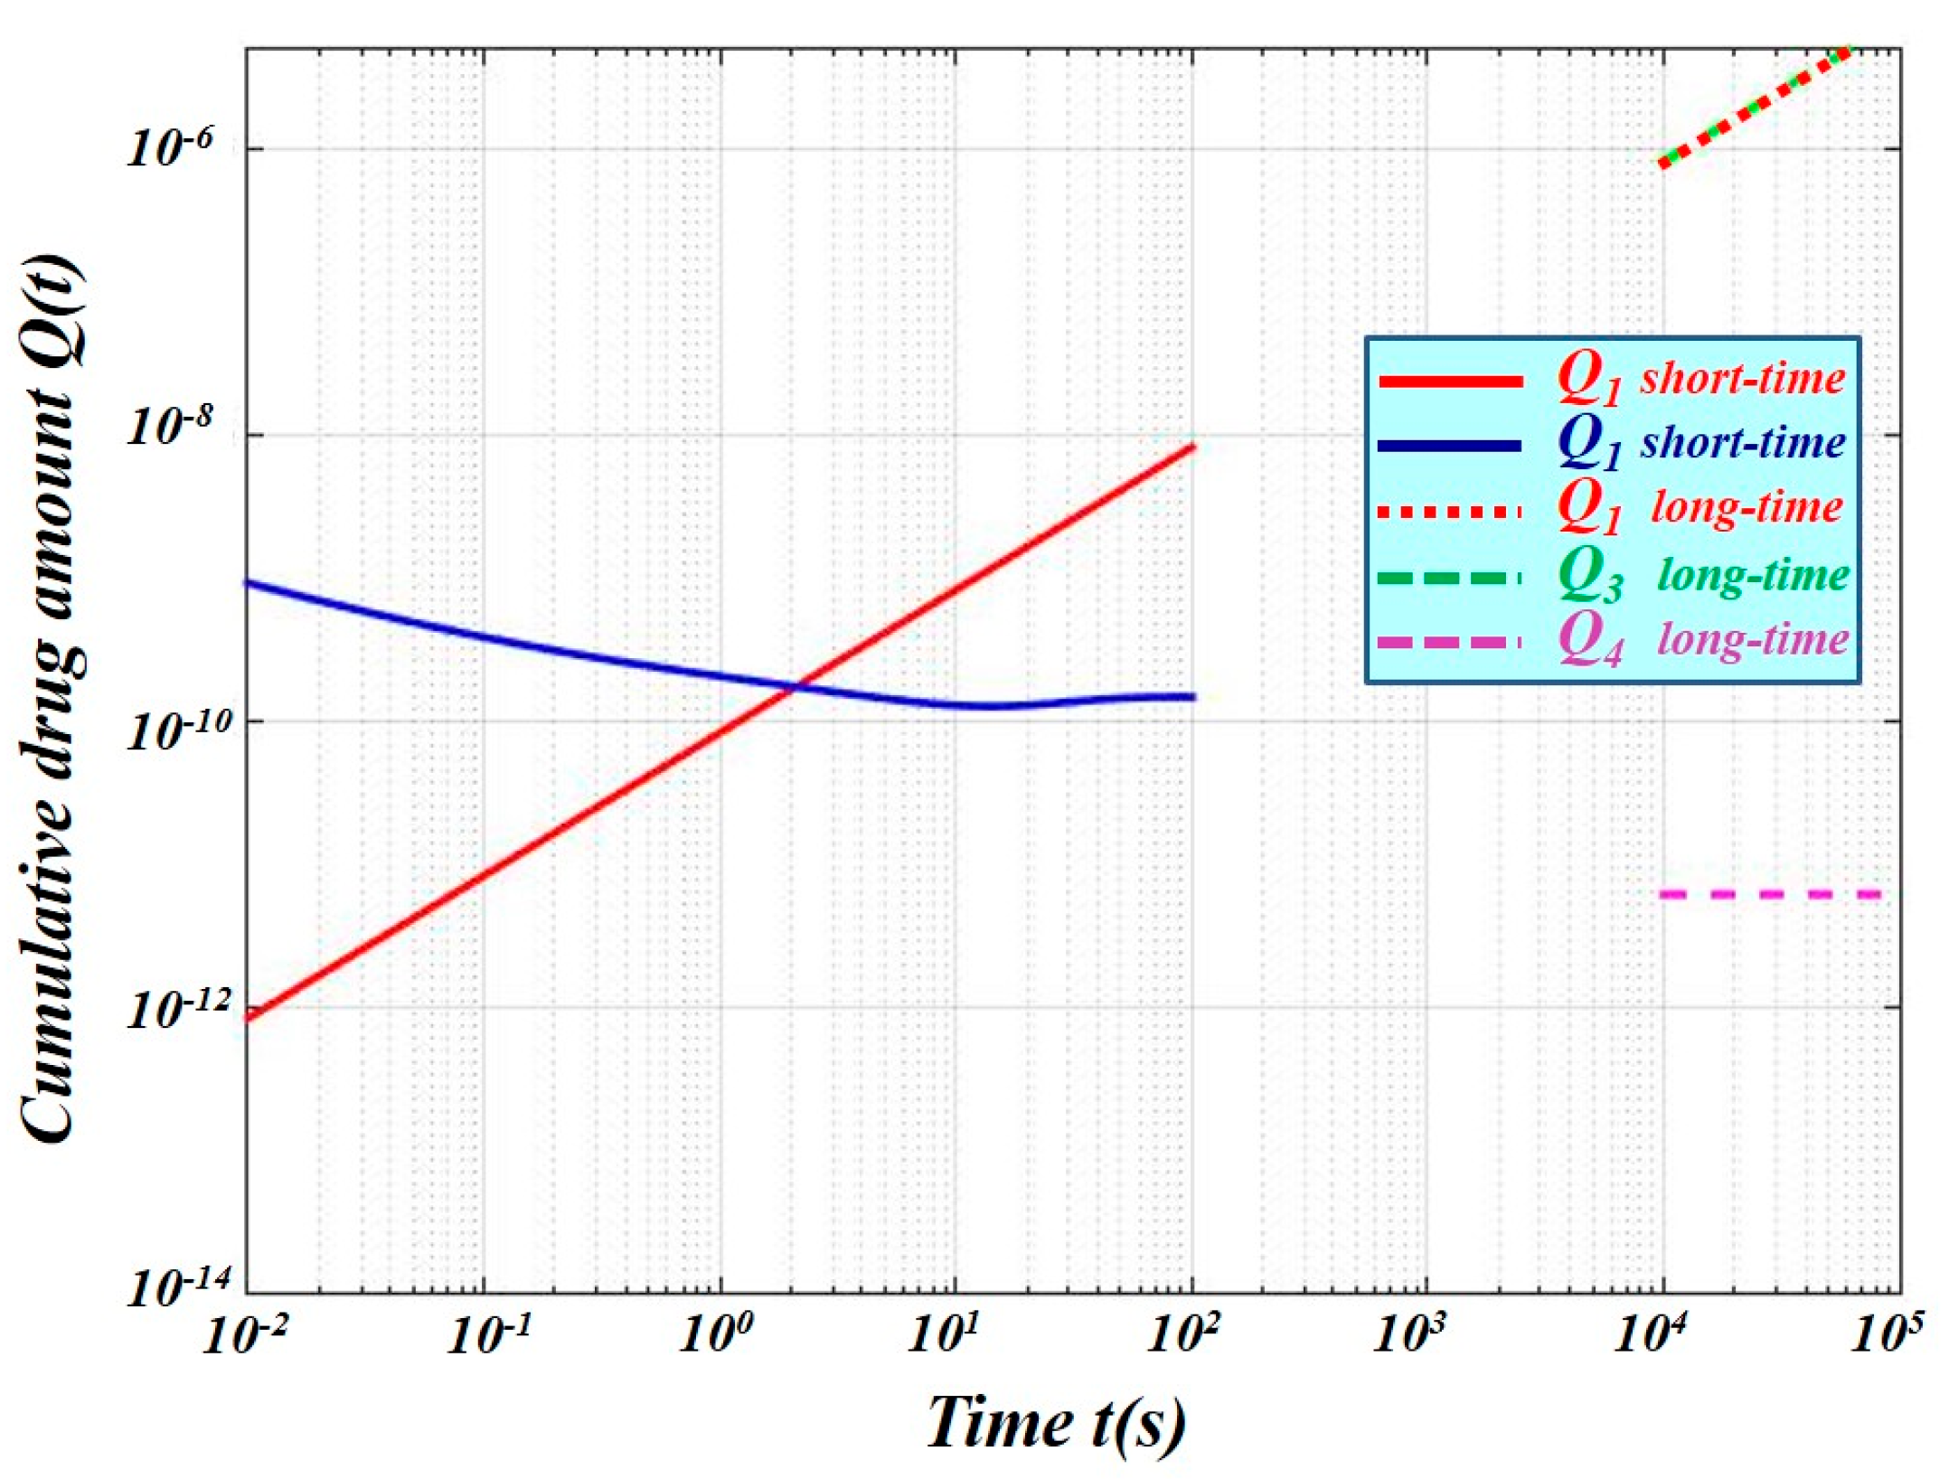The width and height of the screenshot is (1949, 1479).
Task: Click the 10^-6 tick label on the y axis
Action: click(168, 146)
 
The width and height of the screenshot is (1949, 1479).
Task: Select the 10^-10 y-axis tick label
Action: click(167, 730)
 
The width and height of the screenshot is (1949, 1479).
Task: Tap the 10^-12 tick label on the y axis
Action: click(167, 1010)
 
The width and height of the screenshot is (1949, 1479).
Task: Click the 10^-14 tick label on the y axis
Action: click(167, 1286)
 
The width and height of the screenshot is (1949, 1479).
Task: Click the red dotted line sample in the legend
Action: click(1450, 513)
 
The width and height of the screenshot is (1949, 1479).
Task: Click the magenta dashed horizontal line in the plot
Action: click(1772, 895)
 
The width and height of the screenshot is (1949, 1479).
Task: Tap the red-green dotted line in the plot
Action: click(1754, 107)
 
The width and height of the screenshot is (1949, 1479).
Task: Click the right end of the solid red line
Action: click(1192, 447)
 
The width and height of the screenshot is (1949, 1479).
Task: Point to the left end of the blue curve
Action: click(250, 583)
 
